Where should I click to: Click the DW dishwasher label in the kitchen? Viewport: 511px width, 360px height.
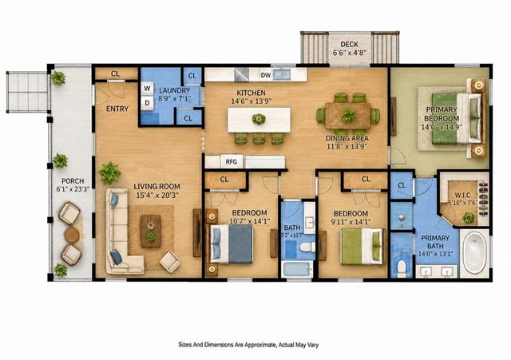(266, 75)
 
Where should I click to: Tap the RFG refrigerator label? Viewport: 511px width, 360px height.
(232, 161)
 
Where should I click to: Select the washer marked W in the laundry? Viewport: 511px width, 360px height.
(147, 88)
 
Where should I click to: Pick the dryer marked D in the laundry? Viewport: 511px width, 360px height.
(147, 103)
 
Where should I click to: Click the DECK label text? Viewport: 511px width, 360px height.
(350, 45)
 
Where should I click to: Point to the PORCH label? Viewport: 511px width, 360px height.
(73, 181)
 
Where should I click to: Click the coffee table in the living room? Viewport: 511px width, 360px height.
(151, 231)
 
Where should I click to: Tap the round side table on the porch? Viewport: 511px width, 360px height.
(71, 235)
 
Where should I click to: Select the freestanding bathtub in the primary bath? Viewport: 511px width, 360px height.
(475, 251)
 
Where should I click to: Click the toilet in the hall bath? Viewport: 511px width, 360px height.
(307, 247)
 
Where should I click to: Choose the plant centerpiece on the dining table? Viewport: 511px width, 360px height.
(348, 116)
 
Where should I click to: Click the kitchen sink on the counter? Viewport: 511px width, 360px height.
(282, 74)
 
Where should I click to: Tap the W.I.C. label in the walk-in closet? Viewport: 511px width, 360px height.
(462, 195)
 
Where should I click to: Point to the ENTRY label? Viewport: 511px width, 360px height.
(117, 109)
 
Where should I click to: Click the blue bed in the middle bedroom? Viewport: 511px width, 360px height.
(232, 243)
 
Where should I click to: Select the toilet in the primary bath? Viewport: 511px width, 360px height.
(402, 267)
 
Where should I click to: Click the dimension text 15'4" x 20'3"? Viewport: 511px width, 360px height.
(156, 195)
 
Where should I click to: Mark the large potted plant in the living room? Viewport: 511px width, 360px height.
(109, 173)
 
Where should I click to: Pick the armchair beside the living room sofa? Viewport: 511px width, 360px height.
(170, 261)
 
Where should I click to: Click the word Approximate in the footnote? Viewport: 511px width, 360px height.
(259, 345)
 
